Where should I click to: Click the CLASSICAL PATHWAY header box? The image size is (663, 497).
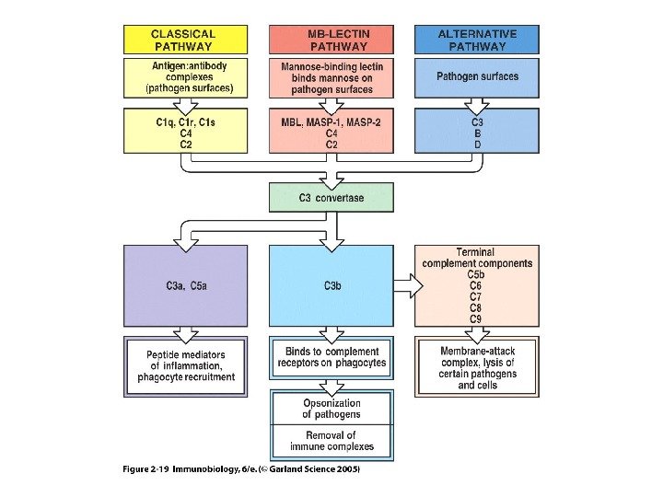[186, 39]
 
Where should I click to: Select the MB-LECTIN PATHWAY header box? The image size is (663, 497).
[331, 39]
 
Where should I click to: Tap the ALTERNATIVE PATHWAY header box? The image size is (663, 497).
[477, 39]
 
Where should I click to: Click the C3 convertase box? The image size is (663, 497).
[331, 197]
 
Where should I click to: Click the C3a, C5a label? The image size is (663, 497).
[186, 286]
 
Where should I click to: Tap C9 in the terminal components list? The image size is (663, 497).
[476, 319]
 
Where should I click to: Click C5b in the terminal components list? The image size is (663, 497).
[476, 274]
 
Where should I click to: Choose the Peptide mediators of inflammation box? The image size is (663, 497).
[186, 365]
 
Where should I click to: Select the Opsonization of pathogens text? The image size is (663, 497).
[331, 409]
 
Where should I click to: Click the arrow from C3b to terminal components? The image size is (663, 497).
[405, 286]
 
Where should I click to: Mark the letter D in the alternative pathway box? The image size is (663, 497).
[477, 144]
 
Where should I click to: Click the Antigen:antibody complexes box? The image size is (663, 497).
[186, 77]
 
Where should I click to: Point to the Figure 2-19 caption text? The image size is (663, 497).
[241, 469]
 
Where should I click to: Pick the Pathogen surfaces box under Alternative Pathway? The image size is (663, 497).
[477, 77]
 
